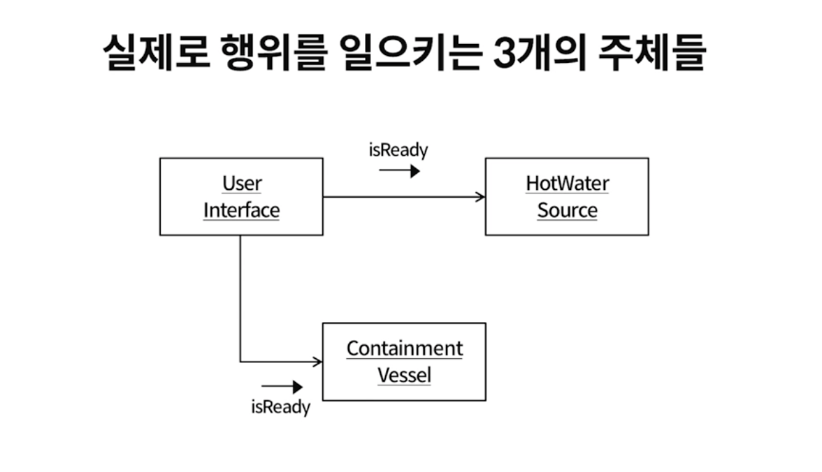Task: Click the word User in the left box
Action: point(242,184)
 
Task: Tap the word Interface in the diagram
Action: point(242,210)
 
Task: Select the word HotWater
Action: point(568,184)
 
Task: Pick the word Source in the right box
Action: point(568,210)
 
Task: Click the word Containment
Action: point(405,348)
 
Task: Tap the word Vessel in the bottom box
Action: point(405,375)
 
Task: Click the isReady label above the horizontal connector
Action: point(398,150)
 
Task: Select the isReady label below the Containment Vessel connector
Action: point(281,407)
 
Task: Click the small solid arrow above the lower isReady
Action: point(282,387)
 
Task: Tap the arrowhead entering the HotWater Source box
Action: point(481,197)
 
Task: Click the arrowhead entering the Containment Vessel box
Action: point(318,362)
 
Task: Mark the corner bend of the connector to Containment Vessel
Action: point(240,362)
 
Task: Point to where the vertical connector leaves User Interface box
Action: point(240,236)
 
